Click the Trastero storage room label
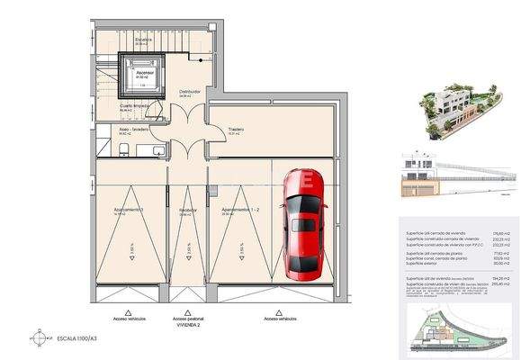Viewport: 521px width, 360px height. click(237, 129)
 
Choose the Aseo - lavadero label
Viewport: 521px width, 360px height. click(134, 130)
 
